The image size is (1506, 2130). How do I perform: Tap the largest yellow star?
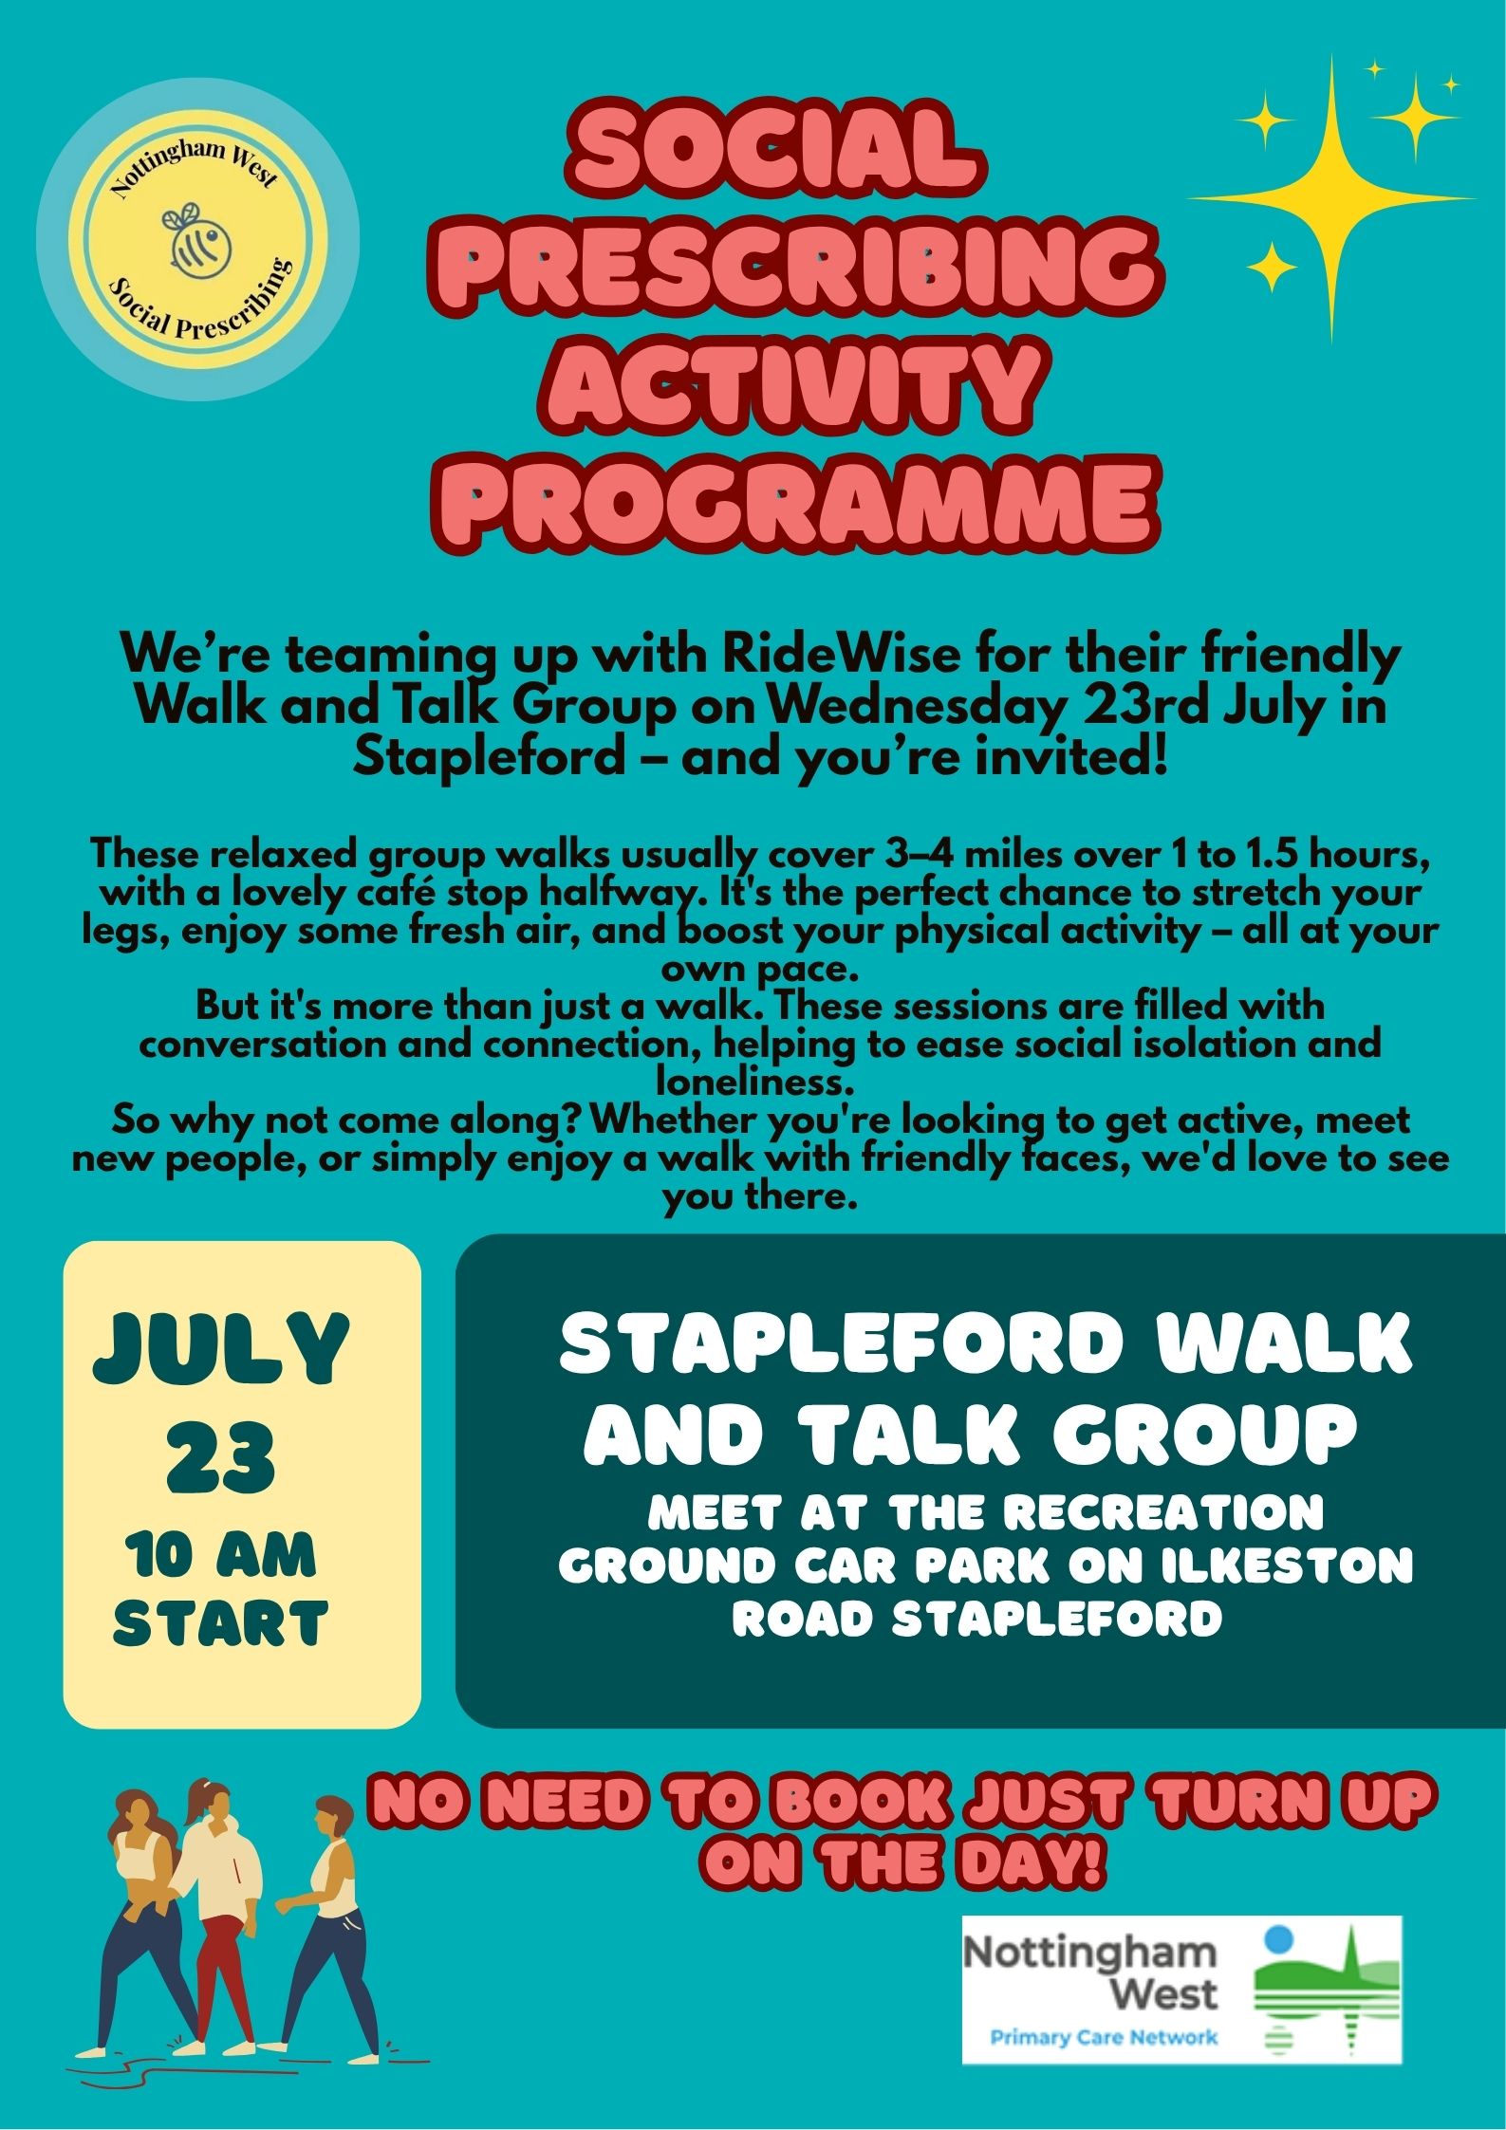[x=1331, y=198]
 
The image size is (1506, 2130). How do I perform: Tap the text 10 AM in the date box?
[x=222, y=1556]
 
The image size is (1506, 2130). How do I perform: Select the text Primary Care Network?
[x=1104, y=2036]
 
